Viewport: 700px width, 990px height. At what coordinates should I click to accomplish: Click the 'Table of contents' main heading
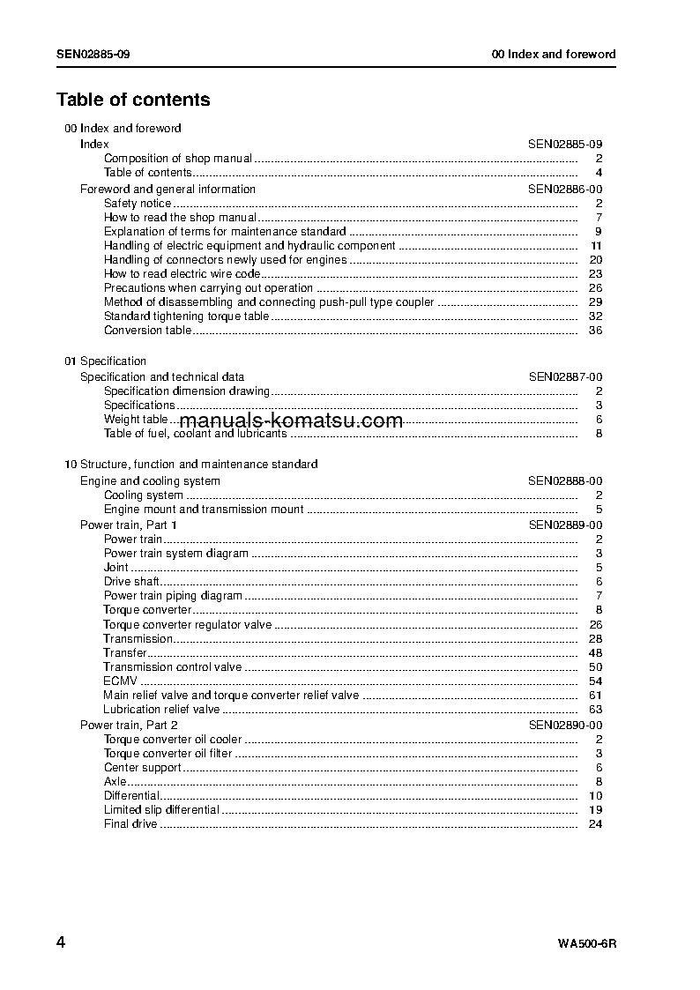[x=133, y=100]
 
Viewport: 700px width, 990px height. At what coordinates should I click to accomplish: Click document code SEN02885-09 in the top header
[x=94, y=54]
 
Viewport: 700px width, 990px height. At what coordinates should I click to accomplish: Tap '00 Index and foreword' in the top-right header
[x=554, y=54]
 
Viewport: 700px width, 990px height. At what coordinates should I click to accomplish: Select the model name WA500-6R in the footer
[x=586, y=943]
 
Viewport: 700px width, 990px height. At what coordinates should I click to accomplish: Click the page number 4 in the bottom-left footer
[x=61, y=942]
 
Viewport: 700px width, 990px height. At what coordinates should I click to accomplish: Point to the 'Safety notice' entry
[x=138, y=204]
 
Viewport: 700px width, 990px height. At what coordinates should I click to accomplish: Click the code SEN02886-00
[x=565, y=189]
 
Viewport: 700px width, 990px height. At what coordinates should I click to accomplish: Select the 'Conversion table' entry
[x=147, y=331]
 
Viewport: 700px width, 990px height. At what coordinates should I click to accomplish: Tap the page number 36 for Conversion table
[x=595, y=331]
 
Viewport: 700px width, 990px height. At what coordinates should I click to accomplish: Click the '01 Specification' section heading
[x=106, y=361]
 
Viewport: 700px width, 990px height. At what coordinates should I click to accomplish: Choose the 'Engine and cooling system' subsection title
[x=150, y=481]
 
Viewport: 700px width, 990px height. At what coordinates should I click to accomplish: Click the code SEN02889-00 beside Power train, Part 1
[x=565, y=525]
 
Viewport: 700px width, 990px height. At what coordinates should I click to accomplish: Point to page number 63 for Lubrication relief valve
[x=595, y=710]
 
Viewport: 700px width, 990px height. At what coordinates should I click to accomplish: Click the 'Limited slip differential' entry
[x=161, y=810]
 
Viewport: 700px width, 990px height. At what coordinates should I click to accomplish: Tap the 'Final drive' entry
[x=130, y=824]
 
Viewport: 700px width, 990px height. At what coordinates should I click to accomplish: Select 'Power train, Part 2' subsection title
[x=129, y=725]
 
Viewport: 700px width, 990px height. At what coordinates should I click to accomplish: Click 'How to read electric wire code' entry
[x=182, y=274]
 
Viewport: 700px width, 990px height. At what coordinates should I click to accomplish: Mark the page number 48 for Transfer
[x=595, y=653]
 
